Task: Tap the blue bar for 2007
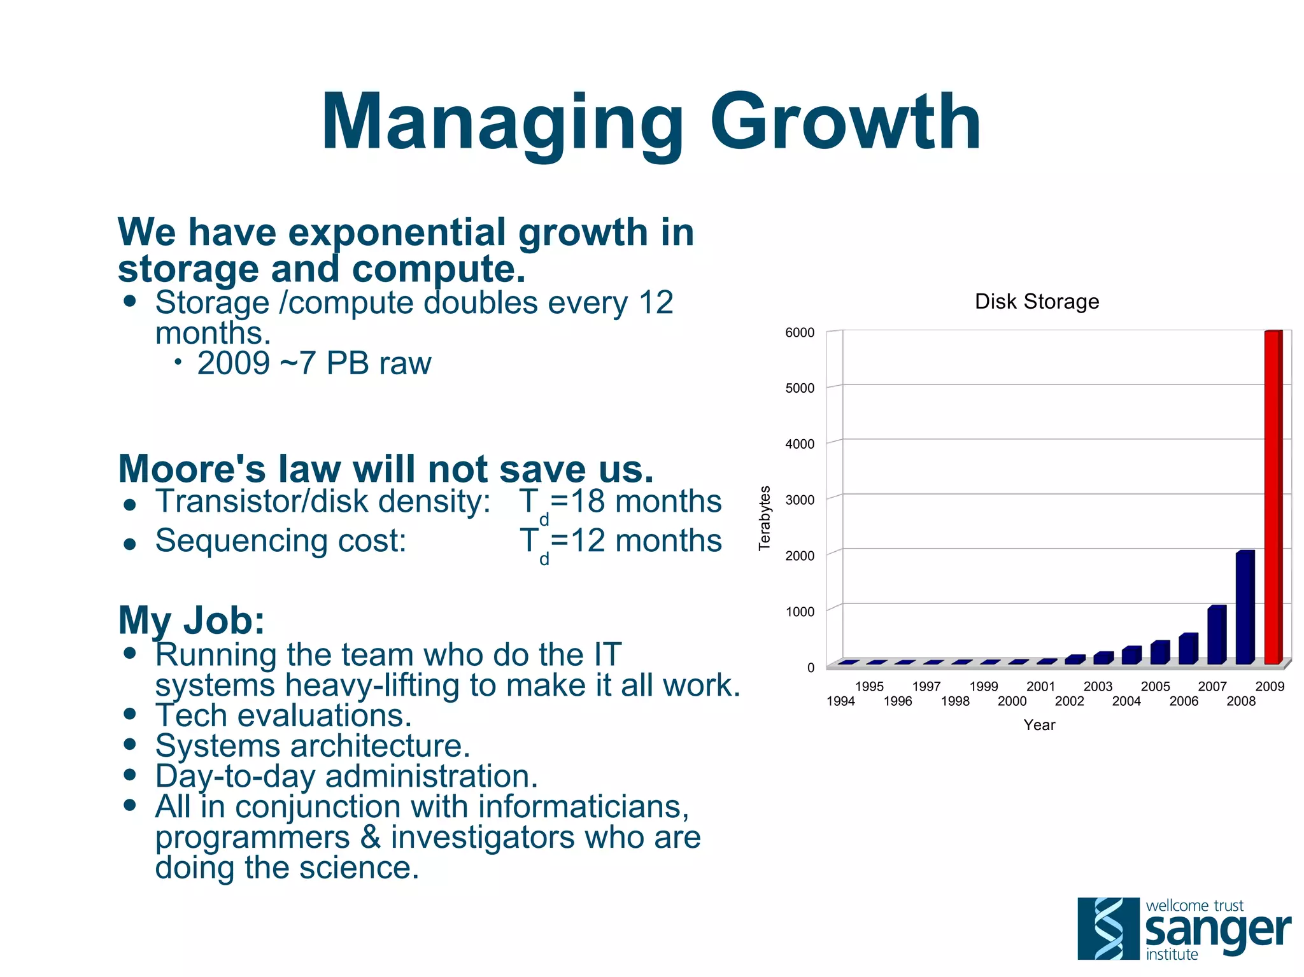pos(1216,635)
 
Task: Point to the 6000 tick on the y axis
pos(800,332)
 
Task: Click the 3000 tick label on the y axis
pos(800,500)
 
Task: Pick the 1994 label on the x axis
pos(840,701)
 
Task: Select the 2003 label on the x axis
pos(1098,686)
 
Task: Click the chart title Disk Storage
pos(1037,301)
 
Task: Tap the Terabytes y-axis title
pos(765,517)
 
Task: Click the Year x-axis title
pos(1039,725)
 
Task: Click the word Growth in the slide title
pos(845,122)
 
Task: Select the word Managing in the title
pos(502,122)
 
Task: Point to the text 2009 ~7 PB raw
pos(314,363)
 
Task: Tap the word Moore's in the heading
pos(192,469)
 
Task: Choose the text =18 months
pos(635,501)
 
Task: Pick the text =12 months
pos(635,540)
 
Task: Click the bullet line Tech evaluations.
pos(283,715)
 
